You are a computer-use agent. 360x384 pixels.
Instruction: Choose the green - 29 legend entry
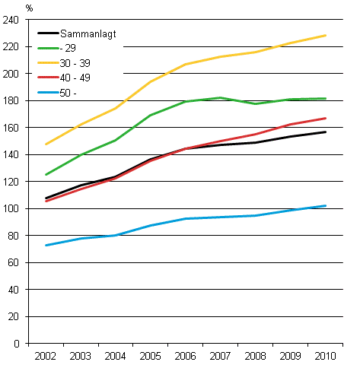[x=69, y=48]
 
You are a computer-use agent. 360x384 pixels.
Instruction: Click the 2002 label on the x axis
[x=46, y=356]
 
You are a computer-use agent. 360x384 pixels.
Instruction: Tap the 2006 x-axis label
[x=186, y=356]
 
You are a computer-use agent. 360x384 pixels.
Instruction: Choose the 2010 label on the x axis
[x=326, y=356]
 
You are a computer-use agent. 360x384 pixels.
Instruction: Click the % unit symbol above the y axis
[x=30, y=8]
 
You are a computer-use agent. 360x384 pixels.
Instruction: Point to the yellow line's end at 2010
[x=326, y=36]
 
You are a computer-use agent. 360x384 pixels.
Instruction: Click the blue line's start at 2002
[x=46, y=246]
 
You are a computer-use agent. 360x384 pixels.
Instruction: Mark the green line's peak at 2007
[x=221, y=97]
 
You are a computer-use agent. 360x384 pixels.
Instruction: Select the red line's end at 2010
[x=326, y=118]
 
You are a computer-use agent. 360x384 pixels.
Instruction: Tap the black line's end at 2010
[x=326, y=132]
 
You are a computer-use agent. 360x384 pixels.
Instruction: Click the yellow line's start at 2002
[x=46, y=144]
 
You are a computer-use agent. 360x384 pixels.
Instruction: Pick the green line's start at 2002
[x=46, y=175]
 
